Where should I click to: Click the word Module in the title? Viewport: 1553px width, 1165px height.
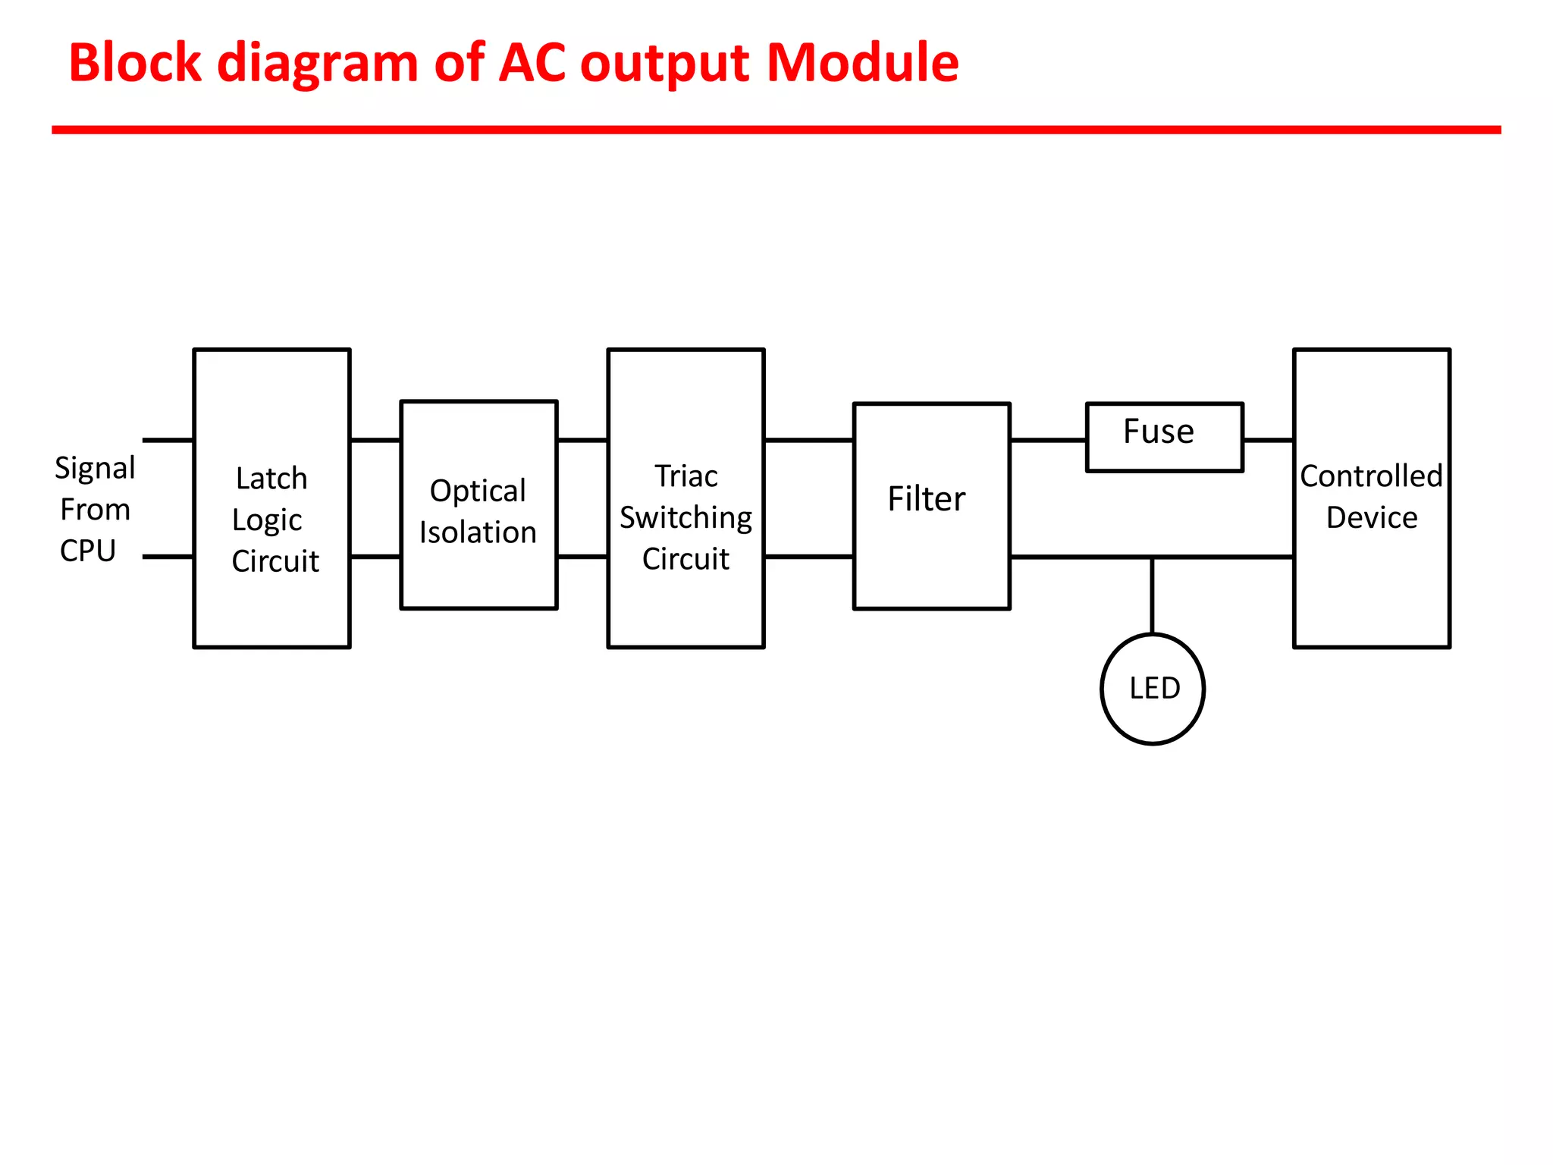862,62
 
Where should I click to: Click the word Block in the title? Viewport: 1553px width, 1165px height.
135,62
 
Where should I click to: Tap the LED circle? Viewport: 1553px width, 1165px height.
1153,689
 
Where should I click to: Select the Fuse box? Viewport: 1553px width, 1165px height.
1164,438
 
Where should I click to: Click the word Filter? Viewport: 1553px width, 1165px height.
927,499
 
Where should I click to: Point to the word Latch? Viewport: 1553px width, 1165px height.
271,479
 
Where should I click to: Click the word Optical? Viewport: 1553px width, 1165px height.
478,491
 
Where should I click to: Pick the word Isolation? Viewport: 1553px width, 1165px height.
478,532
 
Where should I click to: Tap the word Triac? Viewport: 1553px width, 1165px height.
686,476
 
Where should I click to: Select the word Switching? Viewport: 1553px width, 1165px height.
686,518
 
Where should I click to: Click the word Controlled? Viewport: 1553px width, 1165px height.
1371,476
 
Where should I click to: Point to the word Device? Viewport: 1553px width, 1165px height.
1371,518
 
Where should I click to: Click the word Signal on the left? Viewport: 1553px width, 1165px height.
95,468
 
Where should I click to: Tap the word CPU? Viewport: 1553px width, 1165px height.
88,551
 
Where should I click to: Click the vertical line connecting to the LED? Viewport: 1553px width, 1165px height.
1153,595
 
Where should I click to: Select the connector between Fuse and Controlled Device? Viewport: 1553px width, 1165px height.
1268,440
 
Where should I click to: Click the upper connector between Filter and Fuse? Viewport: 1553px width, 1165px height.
1048,440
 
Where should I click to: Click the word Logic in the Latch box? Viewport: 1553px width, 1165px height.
267,520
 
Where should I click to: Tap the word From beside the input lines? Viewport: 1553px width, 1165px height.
96,510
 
